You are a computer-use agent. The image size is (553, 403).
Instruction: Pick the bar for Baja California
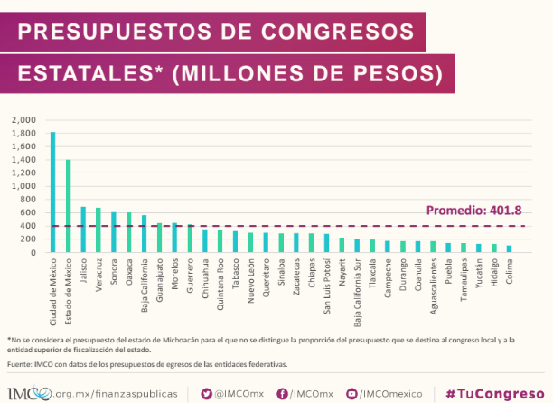tap(144, 234)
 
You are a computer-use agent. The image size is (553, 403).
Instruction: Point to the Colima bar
tap(509, 248)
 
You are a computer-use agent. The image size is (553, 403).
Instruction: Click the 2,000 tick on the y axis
tap(23, 119)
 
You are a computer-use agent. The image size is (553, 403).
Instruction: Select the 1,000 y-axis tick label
tap(23, 186)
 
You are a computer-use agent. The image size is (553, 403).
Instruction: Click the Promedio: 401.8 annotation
tap(475, 211)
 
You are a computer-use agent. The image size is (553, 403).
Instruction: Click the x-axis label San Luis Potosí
tap(327, 284)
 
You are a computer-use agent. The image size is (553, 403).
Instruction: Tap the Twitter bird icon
tap(206, 393)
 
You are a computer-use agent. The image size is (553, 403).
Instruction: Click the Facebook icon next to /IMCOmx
tap(283, 393)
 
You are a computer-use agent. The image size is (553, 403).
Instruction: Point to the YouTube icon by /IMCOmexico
tap(351, 393)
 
